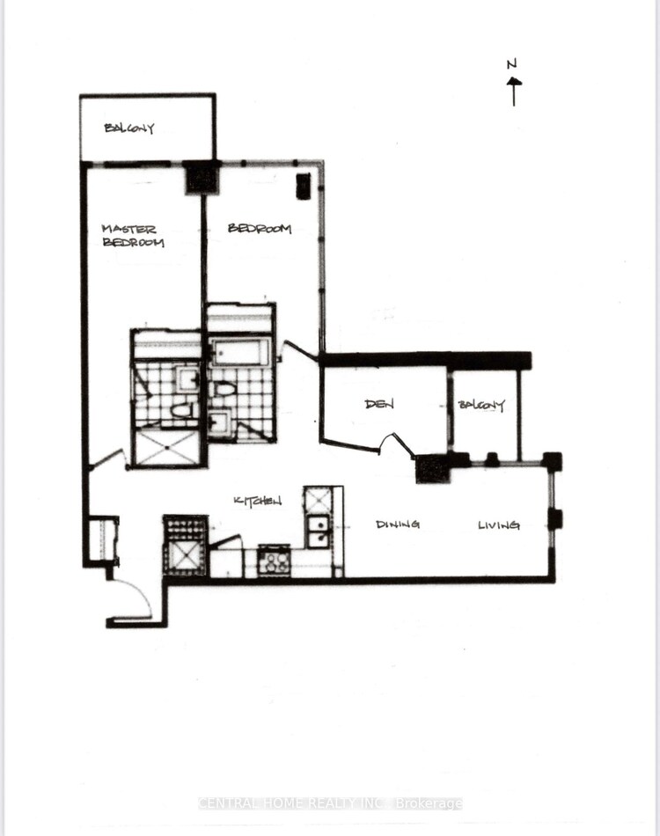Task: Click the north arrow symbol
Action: coord(514,92)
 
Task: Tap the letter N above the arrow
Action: coord(512,64)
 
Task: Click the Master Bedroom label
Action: coord(133,236)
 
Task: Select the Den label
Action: coord(379,404)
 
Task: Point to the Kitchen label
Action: coord(258,501)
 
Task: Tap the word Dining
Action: coord(398,524)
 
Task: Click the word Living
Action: coord(499,525)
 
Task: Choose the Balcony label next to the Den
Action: coord(481,405)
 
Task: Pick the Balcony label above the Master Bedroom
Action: coord(129,128)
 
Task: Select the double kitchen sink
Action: coord(319,531)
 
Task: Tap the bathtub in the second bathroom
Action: coord(238,352)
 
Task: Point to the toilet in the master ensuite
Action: coord(183,411)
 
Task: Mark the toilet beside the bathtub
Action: coord(224,389)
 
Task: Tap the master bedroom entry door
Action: coord(109,459)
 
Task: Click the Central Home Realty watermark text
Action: coord(330,803)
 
